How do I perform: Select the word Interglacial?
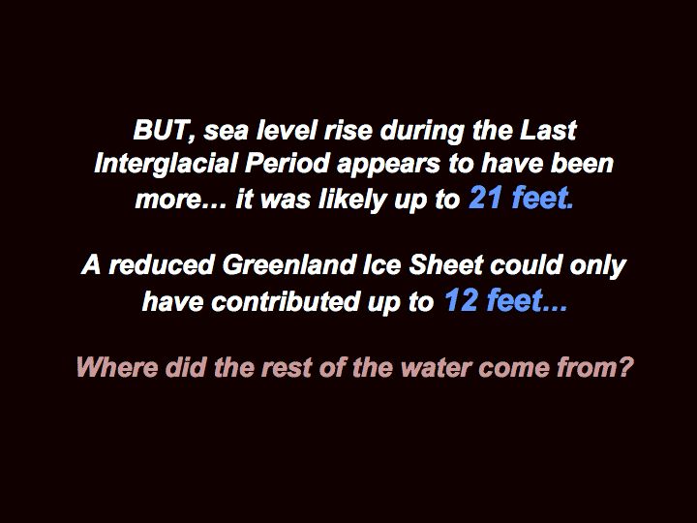[x=166, y=165]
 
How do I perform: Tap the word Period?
[x=288, y=164]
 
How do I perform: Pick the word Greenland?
[x=289, y=264]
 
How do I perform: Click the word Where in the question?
[x=117, y=367]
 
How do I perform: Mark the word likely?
[x=353, y=200]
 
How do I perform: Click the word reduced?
[x=162, y=264]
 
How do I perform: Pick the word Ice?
[x=382, y=264]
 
